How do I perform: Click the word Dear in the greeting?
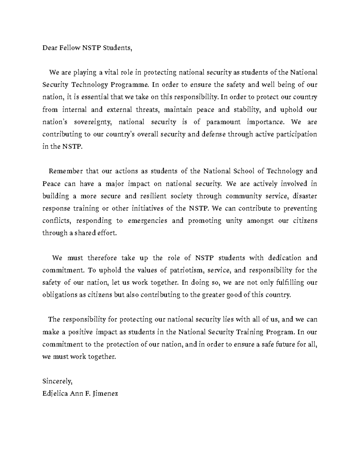49,48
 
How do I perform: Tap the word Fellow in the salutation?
69,48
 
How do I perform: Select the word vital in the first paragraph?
112,72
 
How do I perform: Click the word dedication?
284,258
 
